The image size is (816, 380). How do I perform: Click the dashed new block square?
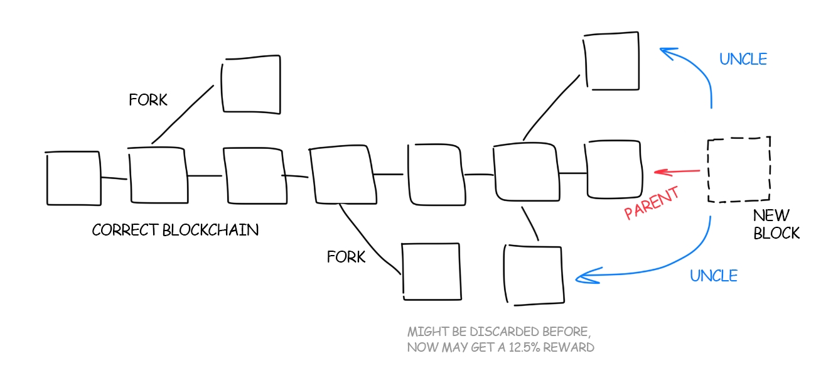coord(739,170)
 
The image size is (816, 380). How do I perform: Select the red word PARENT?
coord(652,204)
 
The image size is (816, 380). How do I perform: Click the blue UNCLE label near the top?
coord(743,59)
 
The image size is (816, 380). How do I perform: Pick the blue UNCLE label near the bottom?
coord(714,275)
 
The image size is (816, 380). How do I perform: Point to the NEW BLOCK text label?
coord(776,225)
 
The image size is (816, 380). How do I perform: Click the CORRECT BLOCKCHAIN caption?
coord(175,230)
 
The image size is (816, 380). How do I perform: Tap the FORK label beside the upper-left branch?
coord(148,100)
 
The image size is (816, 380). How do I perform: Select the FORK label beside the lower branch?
coord(346,257)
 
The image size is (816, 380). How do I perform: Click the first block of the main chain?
coord(73,178)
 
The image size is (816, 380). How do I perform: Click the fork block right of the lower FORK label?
coord(430,271)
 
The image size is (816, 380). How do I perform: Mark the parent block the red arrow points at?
coord(614,170)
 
